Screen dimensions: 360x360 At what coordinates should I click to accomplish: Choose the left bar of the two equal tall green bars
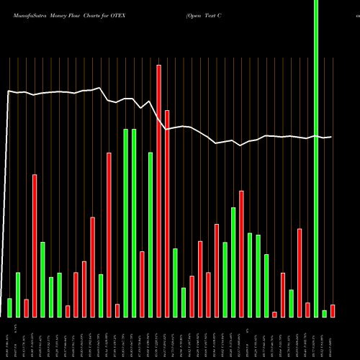pos(125,223)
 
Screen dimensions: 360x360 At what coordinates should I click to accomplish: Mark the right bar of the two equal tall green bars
pos(134,223)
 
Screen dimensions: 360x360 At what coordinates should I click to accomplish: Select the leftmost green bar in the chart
pos(9,307)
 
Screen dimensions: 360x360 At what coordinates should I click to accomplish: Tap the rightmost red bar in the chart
pos(332,310)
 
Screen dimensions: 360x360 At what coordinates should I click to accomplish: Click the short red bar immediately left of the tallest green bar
pos(307,310)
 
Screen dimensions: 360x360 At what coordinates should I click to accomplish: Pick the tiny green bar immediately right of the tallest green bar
pos(324,313)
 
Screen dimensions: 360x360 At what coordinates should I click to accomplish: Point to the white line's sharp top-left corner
pos(9,91)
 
